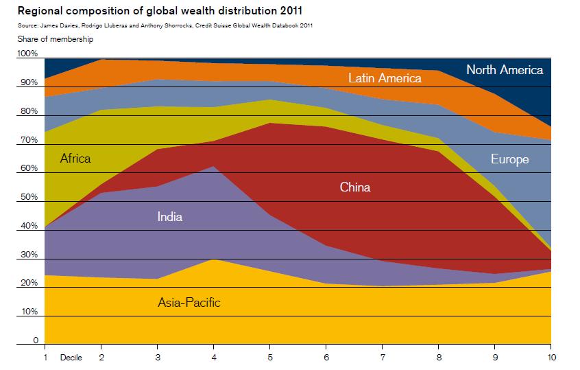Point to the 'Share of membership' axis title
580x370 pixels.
point(56,39)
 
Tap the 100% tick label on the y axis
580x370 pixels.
point(28,54)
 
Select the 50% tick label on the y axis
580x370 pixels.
point(28,198)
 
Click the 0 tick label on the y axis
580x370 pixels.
point(34,341)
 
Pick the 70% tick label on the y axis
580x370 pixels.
point(28,140)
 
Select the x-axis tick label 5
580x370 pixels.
point(270,358)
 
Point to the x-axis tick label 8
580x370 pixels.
point(439,358)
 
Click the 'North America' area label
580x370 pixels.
point(504,70)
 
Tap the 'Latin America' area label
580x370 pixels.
point(385,78)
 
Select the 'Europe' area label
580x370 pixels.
point(509,160)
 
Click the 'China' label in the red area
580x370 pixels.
point(354,187)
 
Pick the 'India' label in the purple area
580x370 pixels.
point(170,217)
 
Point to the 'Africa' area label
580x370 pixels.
point(75,159)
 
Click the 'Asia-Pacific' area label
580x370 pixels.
point(189,303)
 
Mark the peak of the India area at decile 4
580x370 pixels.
point(214,167)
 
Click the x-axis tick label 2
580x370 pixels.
point(101,358)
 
